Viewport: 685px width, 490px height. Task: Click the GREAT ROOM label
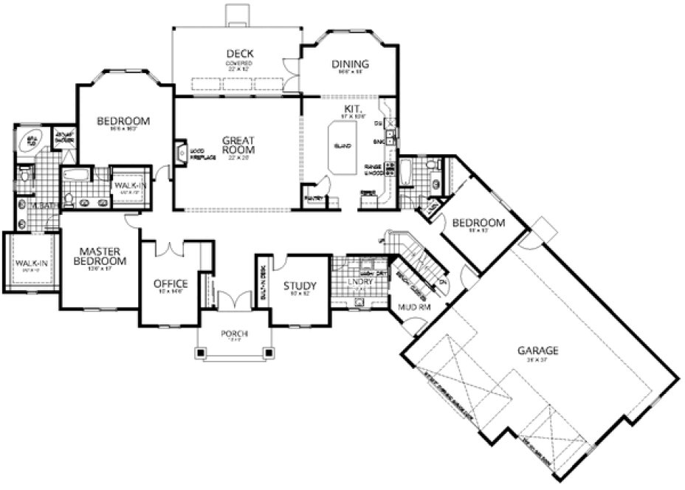(238, 144)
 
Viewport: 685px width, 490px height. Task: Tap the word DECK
(240, 53)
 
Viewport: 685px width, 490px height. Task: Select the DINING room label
(349, 64)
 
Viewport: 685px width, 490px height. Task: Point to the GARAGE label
(537, 351)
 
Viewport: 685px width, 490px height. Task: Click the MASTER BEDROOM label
(100, 255)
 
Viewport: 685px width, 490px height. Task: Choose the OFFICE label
(171, 283)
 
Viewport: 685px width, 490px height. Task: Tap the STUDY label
(300, 286)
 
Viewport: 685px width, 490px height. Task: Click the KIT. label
(351, 108)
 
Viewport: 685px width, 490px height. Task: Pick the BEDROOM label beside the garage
(478, 222)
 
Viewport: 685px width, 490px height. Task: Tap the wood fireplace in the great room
(181, 153)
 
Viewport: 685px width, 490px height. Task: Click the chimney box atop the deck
(238, 15)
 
